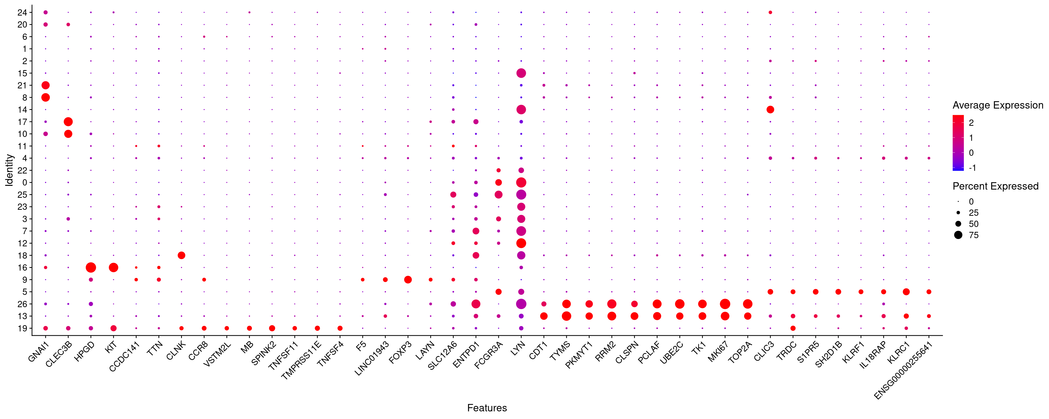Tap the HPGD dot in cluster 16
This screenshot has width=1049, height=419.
click(91, 267)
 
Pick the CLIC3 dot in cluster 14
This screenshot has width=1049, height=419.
click(770, 109)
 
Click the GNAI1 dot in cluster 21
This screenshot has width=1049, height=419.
click(46, 85)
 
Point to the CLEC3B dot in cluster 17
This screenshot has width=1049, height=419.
click(68, 122)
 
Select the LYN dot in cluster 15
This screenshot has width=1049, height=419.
click(521, 73)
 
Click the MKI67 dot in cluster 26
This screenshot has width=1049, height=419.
click(725, 304)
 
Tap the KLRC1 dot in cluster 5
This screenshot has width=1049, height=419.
click(906, 292)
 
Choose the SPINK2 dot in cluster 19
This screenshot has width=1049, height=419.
click(272, 328)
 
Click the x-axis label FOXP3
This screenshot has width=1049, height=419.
click(400, 352)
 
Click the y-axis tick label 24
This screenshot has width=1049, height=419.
click(22, 13)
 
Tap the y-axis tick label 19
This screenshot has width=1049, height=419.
click(22, 328)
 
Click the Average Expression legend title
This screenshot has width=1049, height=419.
click(998, 105)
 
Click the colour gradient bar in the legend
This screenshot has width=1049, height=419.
click(958, 142)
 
